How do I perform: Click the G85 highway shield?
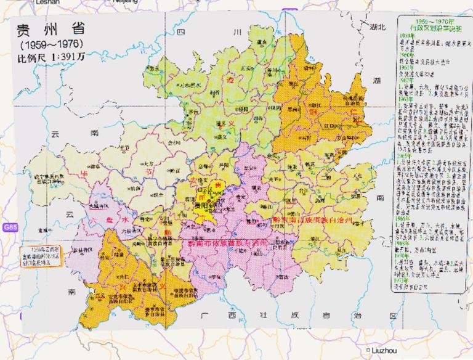coord(9,227)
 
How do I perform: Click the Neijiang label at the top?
coord(126,2)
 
